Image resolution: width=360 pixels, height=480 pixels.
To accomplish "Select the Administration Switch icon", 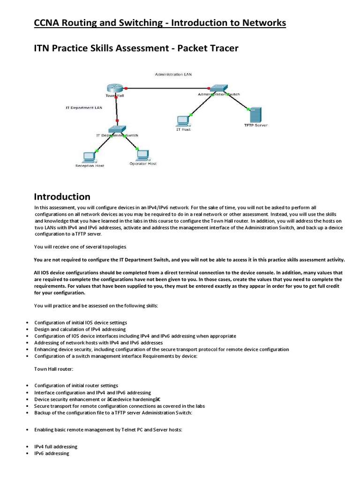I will coord(218,88).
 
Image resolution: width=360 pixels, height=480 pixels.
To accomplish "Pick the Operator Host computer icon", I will coord(142,154).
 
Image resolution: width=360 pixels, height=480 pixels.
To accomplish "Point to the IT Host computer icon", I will coord(182,121).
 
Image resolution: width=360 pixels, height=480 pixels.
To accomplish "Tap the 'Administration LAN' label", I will coord(174,74).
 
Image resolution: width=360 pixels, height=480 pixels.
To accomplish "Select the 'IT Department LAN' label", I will coord(84,107).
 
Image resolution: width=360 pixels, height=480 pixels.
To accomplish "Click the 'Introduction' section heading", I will coord(62,196).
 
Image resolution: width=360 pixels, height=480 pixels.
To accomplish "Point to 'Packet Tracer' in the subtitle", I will coord(211,47).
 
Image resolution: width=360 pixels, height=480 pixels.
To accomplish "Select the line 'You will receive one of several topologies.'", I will coord(81,247).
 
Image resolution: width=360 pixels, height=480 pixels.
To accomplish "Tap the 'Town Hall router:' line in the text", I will coord(54,368).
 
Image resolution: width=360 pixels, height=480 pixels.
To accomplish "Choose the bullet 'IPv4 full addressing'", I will coord(56,447).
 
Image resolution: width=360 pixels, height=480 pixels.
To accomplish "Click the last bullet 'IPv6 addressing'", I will coord(52,453).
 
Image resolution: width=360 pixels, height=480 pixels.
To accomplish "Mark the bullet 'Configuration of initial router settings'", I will coord(76,385).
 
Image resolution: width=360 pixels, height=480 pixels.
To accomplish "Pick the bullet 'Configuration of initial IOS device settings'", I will coord(81,322).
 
